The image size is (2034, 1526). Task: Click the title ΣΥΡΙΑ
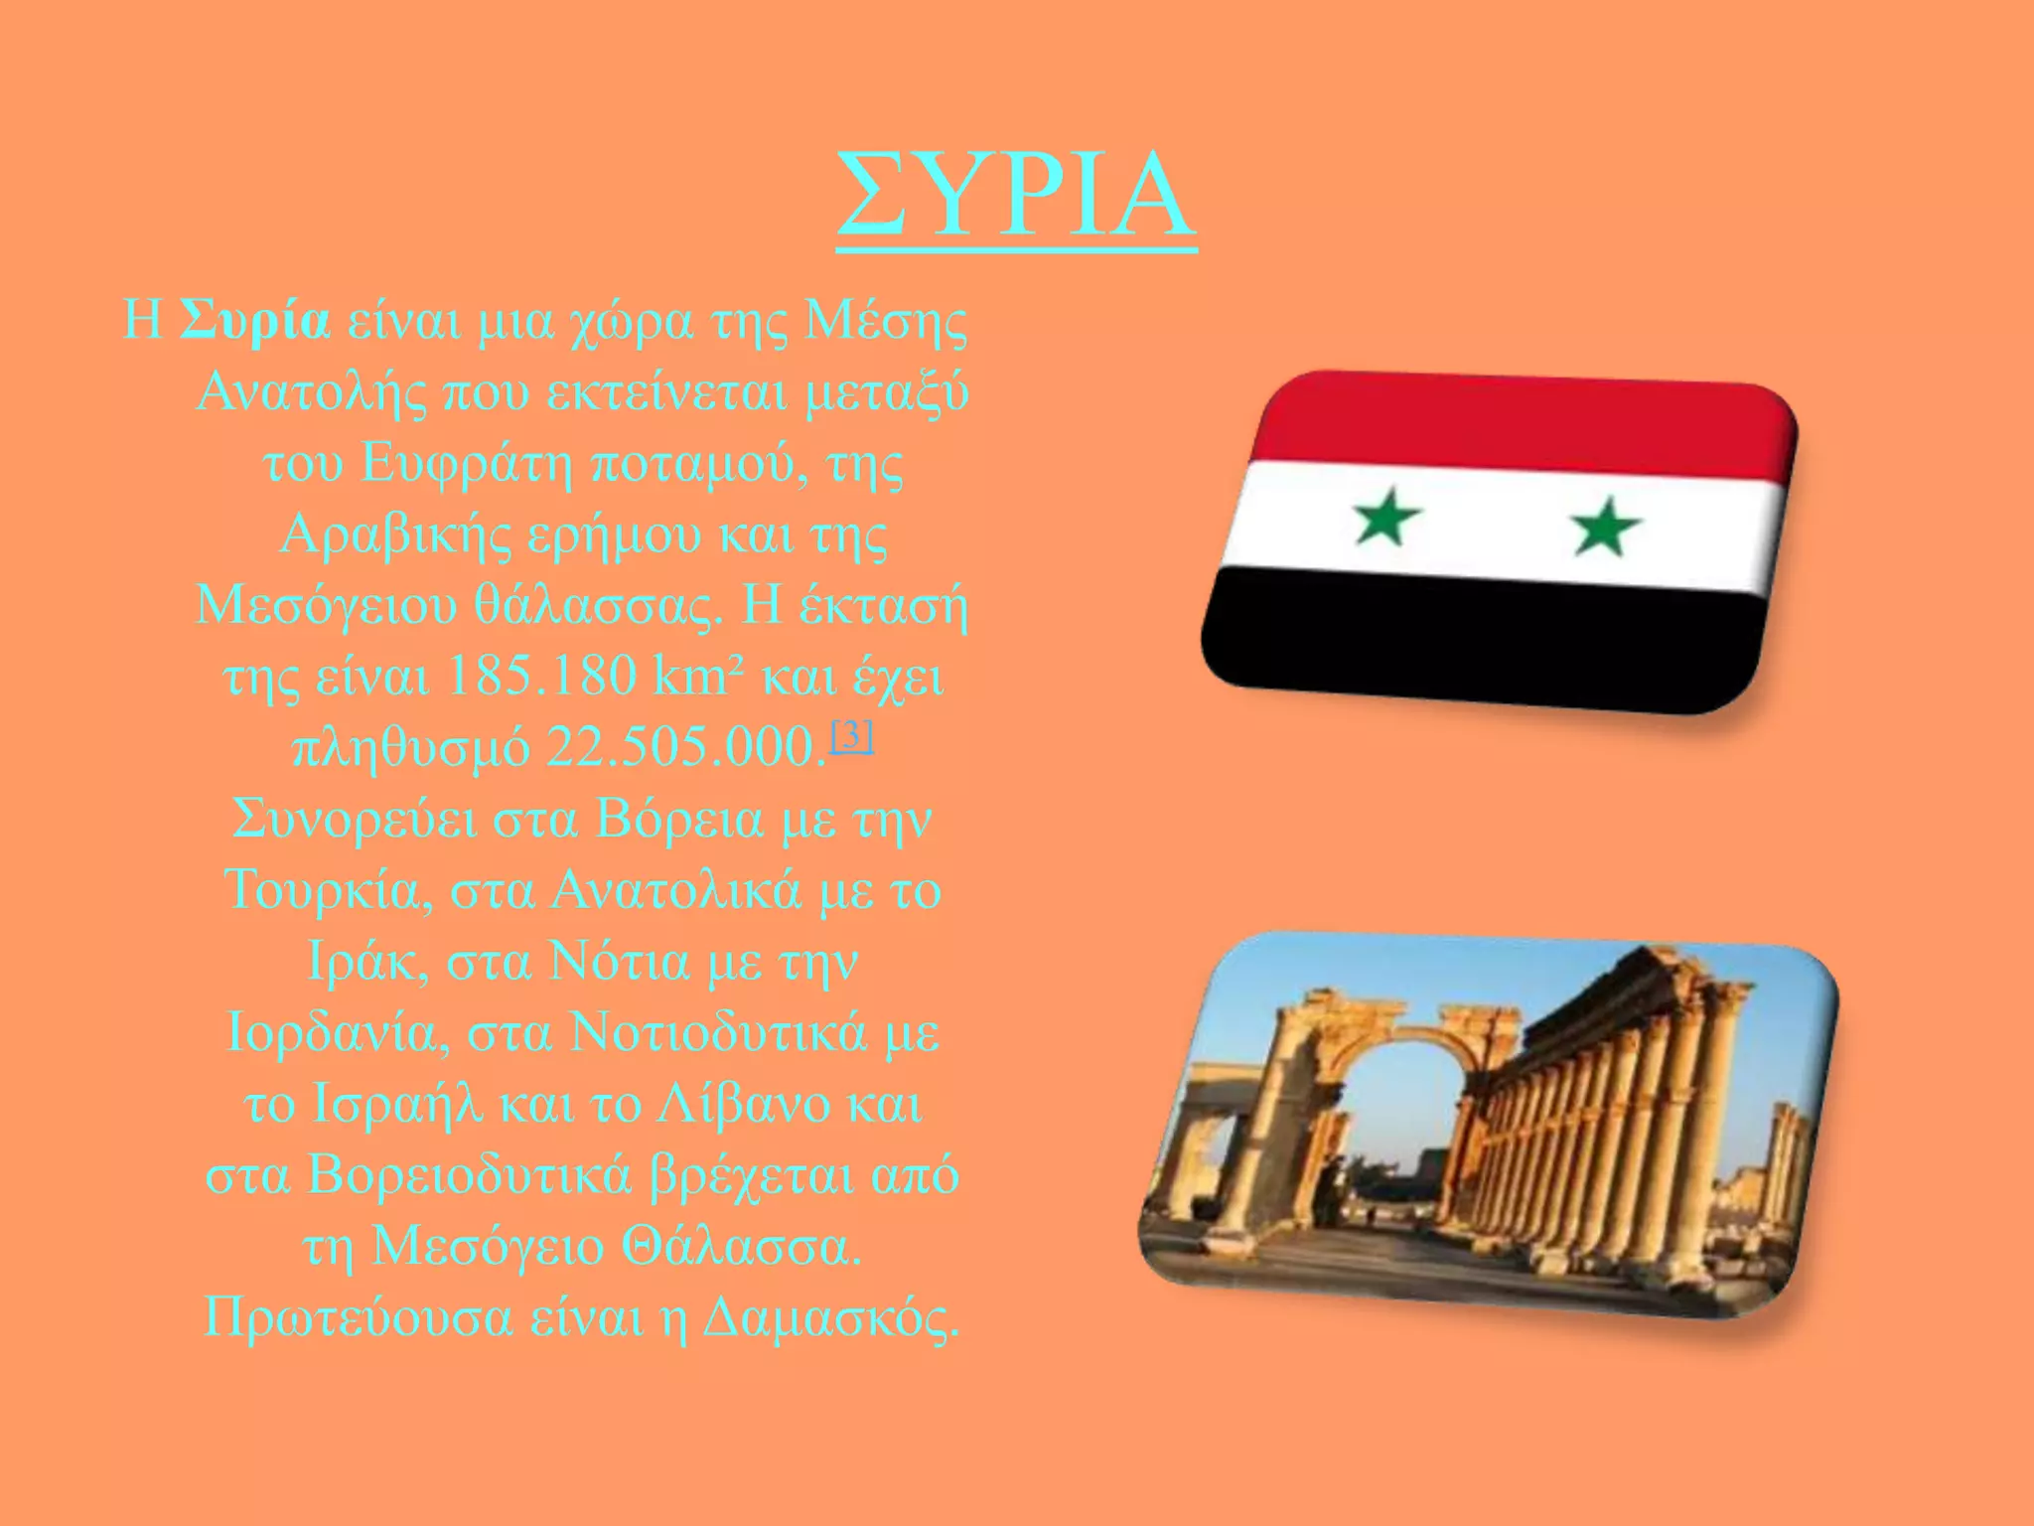tap(1016, 196)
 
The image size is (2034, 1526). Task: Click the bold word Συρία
tap(255, 320)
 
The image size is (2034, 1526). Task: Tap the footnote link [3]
tap(852, 736)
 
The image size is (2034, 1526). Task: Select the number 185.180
tap(541, 677)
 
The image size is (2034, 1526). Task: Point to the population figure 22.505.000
tap(685, 748)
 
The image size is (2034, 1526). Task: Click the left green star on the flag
tap(1386, 517)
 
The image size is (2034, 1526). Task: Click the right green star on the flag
tap(1605, 526)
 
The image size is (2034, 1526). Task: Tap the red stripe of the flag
tap(1520, 422)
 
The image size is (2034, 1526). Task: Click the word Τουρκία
tap(328, 889)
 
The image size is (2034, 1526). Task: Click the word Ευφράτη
tap(466, 463)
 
